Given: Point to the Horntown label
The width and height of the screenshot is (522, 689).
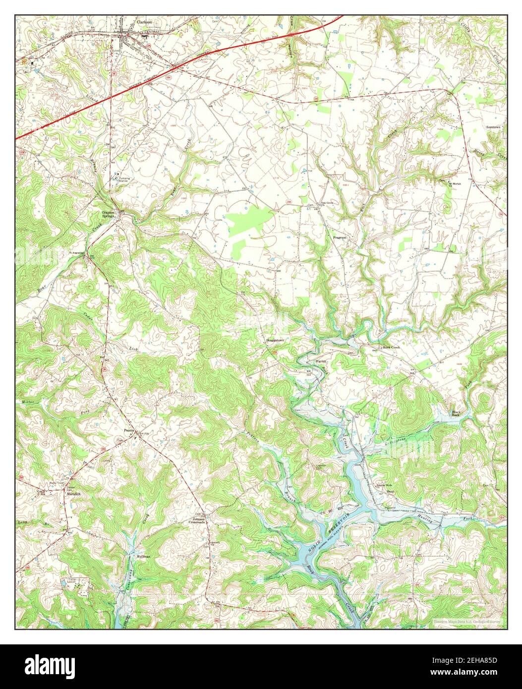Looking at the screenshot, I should click(493, 127).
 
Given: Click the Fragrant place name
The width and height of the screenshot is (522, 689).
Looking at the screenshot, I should click(339, 238).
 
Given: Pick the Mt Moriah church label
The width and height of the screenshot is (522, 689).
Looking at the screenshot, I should click(455, 184).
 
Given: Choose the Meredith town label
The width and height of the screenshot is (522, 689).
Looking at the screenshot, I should click(73, 494).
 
